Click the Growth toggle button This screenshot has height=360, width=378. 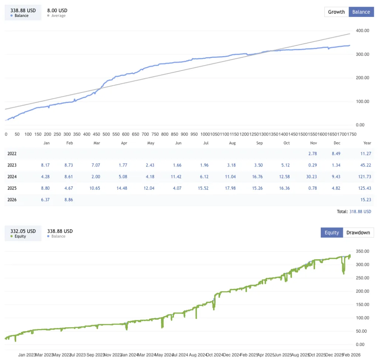[336, 12]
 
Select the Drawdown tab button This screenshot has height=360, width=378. [358, 233]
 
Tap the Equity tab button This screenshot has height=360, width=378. [331, 233]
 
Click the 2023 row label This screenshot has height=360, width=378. [12, 165]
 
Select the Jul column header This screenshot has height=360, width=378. [206, 143]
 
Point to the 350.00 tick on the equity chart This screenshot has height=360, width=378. [362, 251]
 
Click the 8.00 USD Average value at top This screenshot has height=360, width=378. [57, 11]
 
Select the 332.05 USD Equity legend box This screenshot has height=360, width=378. [23, 233]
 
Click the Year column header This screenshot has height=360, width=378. [367, 143]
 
